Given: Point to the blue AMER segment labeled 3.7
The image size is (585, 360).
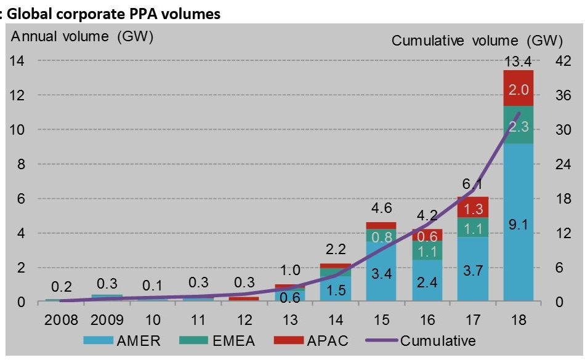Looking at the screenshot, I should (472, 269).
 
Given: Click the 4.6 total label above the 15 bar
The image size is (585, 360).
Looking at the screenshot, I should (381, 207).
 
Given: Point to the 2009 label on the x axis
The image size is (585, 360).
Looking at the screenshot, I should (106, 321).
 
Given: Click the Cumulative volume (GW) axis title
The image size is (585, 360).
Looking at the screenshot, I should (477, 41).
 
